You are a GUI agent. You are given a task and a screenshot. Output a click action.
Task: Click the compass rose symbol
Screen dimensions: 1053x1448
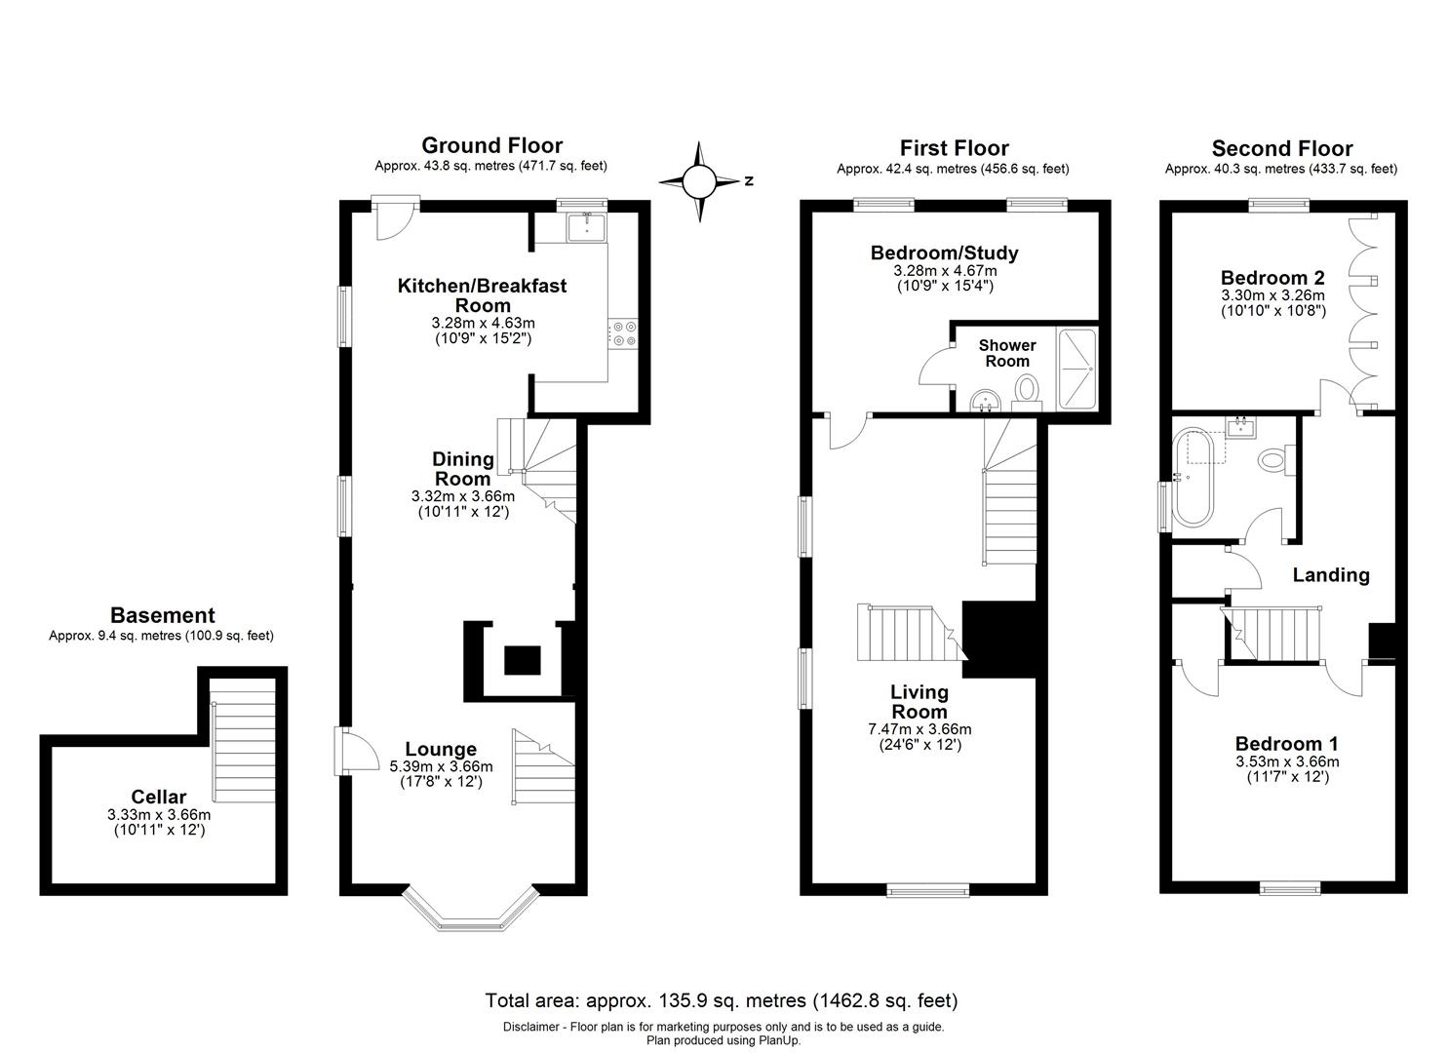[x=699, y=181]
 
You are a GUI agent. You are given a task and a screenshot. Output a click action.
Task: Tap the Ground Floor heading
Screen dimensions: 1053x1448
[x=491, y=146]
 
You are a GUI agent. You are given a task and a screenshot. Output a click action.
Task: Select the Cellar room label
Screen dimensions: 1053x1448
[x=159, y=797]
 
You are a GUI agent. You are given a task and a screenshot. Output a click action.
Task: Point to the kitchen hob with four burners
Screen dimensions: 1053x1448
[x=622, y=332]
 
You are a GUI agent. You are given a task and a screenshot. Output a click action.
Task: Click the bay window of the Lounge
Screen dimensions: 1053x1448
[x=470, y=911]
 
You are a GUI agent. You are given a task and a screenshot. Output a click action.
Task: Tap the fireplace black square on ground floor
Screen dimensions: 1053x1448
[x=523, y=661]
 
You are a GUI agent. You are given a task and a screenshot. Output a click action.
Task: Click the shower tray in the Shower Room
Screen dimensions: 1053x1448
[x=1078, y=369]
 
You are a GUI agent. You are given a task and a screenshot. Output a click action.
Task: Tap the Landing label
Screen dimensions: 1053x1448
[x=1331, y=575]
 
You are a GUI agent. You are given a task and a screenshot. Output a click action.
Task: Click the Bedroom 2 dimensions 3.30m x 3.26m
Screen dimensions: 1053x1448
[x=1272, y=295]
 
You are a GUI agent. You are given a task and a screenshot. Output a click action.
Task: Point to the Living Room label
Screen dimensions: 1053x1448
[x=919, y=701]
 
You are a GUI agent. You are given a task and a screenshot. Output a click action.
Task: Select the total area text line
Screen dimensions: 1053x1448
[x=722, y=1000]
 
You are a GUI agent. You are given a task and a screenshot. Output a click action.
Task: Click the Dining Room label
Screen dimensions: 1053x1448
[x=462, y=468]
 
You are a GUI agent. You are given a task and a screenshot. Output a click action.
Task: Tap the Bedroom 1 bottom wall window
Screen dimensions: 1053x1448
[x=1289, y=887]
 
